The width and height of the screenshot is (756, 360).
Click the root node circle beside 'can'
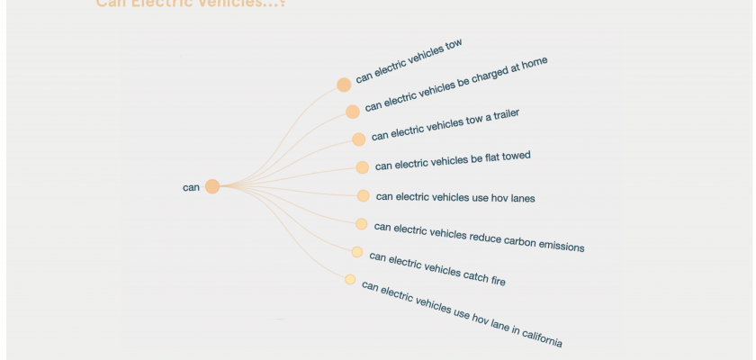click(x=212, y=186)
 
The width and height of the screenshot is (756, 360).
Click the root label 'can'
click(x=191, y=187)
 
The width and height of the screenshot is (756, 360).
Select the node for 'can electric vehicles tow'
click(x=344, y=85)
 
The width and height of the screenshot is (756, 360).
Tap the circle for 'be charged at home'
click(x=353, y=112)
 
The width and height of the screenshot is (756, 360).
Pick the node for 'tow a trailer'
click(x=359, y=139)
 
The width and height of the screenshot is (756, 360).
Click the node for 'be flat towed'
click(x=362, y=167)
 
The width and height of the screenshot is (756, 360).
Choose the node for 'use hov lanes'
click(x=363, y=196)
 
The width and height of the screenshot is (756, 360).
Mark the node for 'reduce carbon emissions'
click(x=361, y=224)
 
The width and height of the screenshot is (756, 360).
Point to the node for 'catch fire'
click(x=357, y=252)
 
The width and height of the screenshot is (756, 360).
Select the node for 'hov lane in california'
click(x=350, y=280)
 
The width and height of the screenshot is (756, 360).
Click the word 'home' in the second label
click(x=533, y=64)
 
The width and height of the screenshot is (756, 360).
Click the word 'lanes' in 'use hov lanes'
click(x=521, y=197)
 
